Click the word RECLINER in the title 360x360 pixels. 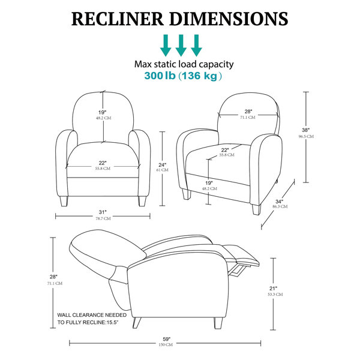[118, 19]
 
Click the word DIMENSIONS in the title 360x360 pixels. [229, 19]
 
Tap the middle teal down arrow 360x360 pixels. [181, 46]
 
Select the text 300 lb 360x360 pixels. [160, 76]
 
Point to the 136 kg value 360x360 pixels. [199, 76]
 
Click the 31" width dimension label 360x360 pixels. [103, 212]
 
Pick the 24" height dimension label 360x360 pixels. [163, 165]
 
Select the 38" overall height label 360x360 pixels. [305, 130]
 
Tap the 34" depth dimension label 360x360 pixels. [279, 202]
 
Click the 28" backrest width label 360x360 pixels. [248, 112]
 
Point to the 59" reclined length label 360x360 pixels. [167, 339]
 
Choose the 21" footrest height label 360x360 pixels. [273, 289]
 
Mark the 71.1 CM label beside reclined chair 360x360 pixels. [55, 283]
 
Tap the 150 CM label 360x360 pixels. [166, 344]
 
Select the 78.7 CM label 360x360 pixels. [103, 218]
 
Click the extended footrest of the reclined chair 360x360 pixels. [241, 255]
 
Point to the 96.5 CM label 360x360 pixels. [306, 136]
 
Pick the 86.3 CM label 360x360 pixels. [280, 206]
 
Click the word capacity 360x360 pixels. [216, 65]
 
